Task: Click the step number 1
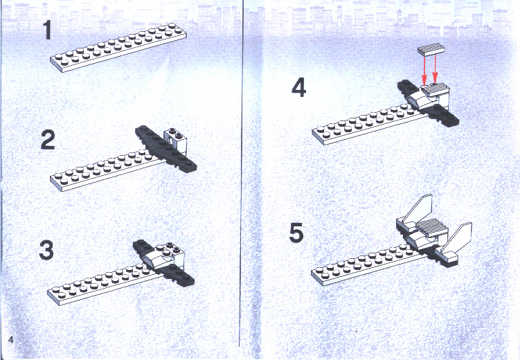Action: pos(48,30)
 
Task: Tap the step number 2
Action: pos(48,140)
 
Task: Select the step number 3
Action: pos(46,250)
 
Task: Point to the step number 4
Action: pos(298,88)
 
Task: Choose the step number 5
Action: pos(296,233)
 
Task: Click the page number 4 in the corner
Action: pos(11,340)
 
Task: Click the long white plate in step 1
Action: pos(118,47)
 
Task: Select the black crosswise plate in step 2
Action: pos(165,149)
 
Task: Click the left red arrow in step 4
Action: pos(424,70)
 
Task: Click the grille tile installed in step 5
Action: pos(430,226)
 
